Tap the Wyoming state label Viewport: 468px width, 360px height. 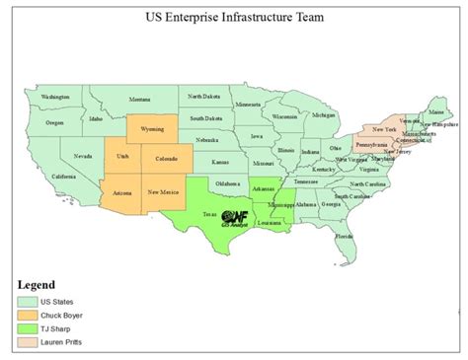click(x=153, y=128)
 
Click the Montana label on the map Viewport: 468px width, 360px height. click(x=139, y=100)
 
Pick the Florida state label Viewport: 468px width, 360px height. click(x=344, y=237)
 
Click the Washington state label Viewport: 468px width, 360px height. click(x=55, y=97)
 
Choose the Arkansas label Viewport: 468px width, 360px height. click(x=262, y=187)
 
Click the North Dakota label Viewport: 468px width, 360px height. click(x=204, y=96)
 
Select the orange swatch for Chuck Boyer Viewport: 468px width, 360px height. click(x=27, y=317)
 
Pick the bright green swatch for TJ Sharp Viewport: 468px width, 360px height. click(x=27, y=331)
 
